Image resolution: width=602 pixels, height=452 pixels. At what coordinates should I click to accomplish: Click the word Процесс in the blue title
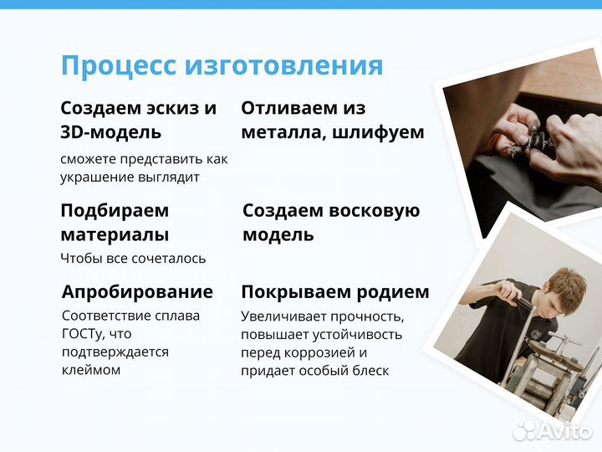(x=118, y=65)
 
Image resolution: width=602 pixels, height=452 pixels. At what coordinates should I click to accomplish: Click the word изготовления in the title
(x=283, y=65)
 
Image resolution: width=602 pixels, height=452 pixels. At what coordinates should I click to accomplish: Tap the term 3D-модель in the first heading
(x=111, y=132)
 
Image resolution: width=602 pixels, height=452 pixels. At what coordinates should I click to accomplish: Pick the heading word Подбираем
(x=115, y=210)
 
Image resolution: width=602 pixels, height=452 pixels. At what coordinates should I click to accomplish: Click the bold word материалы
(x=115, y=234)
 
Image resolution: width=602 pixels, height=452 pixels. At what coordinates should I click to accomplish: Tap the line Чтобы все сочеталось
(x=133, y=259)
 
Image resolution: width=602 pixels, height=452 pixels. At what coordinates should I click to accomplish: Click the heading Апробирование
(x=137, y=292)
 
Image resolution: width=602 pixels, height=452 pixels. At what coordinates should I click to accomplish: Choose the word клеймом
(x=91, y=369)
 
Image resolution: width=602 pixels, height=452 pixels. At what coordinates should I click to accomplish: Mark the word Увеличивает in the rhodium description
(x=282, y=316)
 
